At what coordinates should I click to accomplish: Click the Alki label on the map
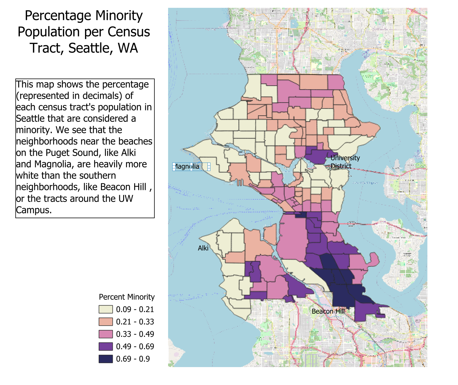203,248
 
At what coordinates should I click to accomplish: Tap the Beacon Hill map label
328,311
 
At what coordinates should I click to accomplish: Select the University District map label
345,162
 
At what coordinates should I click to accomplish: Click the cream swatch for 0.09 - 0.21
106,309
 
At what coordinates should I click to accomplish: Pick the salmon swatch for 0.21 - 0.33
106,322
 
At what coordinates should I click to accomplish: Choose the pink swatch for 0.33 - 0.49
106,334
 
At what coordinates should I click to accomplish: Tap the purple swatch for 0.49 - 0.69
106,347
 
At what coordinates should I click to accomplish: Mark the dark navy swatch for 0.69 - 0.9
106,359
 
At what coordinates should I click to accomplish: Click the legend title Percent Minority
127,297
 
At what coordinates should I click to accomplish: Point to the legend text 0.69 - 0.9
133,359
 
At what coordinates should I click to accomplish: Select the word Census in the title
129,32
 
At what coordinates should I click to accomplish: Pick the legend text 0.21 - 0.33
135,322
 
